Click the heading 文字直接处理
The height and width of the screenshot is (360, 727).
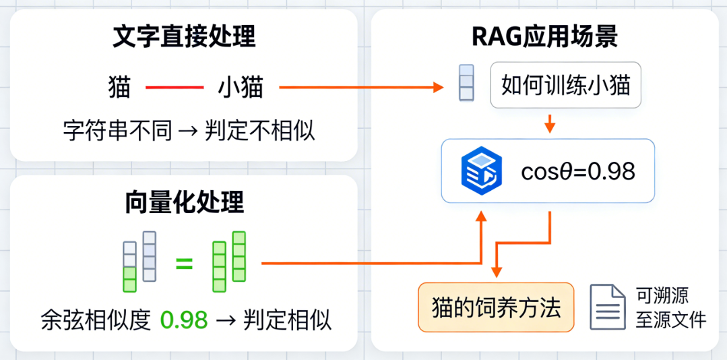(184, 38)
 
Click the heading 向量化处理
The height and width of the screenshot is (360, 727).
(184, 203)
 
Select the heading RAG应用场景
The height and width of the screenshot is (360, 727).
(545, 38)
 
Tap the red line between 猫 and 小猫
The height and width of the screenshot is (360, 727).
(175, 87)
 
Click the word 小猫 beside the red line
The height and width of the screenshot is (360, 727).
(240, 87)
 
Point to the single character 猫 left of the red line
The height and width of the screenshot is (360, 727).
(119, 87)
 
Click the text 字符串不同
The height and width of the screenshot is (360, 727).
(117, 131)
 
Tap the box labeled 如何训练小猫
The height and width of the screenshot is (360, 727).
(566, 86)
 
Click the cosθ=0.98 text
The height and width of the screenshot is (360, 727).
(578, 172)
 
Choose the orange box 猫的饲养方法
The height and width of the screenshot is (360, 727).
(496, 307)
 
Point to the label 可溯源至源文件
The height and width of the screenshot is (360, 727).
(670, 307)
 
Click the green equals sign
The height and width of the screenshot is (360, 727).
(184, 264)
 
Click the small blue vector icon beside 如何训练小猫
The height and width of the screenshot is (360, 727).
(466, 82)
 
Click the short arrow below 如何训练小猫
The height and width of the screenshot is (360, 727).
(549, 123)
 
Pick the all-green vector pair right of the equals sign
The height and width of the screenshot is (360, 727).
(228, 262)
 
